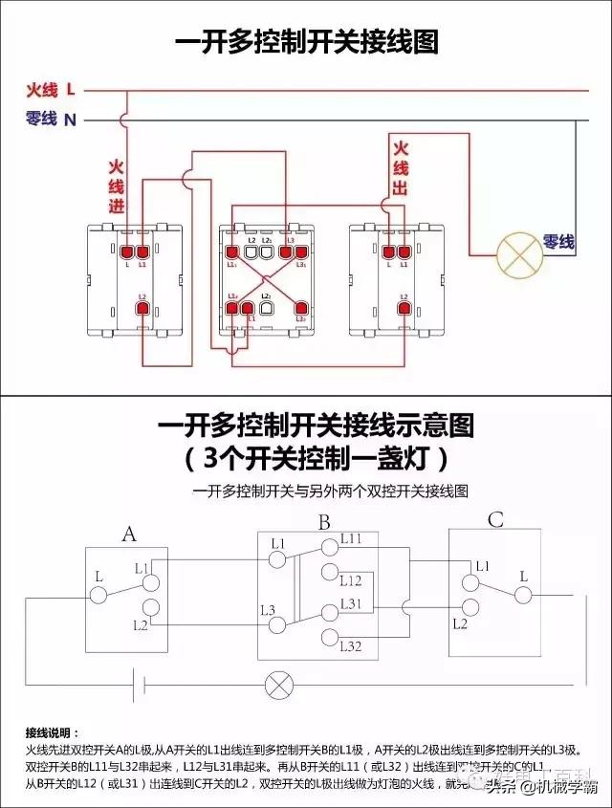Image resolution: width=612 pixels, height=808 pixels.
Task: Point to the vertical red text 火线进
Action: pyautogui.click(x=116, y=186)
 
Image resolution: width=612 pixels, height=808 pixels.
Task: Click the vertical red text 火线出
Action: pyautogui.click(x=400, y=168)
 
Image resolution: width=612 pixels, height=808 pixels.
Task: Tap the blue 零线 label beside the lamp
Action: pyautogui.click(x=559, y=243)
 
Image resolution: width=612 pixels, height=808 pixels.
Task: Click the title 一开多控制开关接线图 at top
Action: pyautogui.click(x=306, y=42)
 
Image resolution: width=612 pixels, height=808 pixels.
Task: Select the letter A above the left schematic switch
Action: pyautogui.click(x=129, y=534)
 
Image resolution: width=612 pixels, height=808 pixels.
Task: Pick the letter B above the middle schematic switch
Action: pyautogui.click(x=324, y=523)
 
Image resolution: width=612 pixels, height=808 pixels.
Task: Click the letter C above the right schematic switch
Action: pyautogui.click(x=494, y=520)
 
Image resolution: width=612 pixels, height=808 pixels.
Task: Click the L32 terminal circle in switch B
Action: pyautogui.click(x=330, y=637)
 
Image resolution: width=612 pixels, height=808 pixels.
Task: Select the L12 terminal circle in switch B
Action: pyautogui.click(x=330, y=573)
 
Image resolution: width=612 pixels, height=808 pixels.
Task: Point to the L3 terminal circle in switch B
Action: pyautogui.click(x=278, y=625)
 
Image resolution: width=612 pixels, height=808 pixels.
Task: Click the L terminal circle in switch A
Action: pyautogui.click(x=98, y=595)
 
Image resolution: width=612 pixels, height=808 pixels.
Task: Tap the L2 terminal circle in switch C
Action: pyautogui.click(x=469, y=607)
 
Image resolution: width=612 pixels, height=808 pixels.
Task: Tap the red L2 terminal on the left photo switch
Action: pyautogui.click(x=141, y=308)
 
